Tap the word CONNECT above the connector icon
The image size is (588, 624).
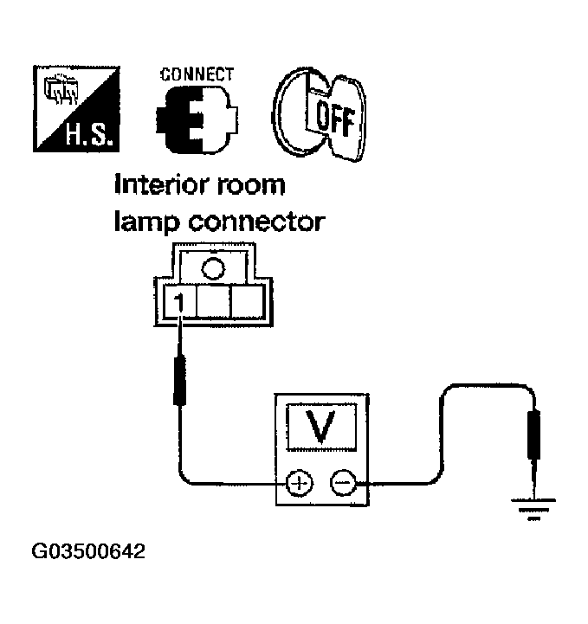(197, 74)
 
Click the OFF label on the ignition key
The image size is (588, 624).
(333, 118)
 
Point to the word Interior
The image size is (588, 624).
(165, 186)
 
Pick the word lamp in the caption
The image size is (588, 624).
(143, 222)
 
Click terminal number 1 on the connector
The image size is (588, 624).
(178, 304)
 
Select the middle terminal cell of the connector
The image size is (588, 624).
(213, 305)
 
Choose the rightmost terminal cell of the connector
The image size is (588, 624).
(246, 305)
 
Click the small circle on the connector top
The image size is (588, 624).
(213, 267)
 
